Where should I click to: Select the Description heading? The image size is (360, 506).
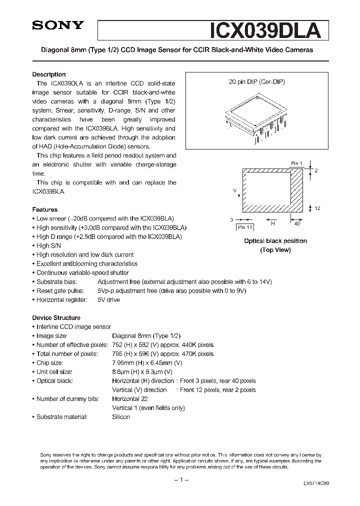pyautogui.click(x=49, y=74)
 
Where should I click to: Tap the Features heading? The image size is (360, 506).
pyautogui.click(x=45, y=209)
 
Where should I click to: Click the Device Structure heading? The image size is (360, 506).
pyautogui.click(x=56, y=317)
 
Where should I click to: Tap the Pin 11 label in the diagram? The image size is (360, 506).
pyautogui.click(x=245, y=227)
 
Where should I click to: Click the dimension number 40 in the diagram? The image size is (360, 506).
pyautogui.click(x=297, y=224)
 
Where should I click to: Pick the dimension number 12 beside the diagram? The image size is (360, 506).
pyautogui.click(x=317, y=208)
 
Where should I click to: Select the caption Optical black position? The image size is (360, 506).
pyautogui.click(x=275, y=241)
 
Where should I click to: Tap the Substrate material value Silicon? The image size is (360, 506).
pyautogui.click(x=121, y=416)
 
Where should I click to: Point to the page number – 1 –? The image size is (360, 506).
pyautogui.click(x=180, y=480)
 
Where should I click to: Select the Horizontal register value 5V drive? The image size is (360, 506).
pyautogui.click(x=108, y=299)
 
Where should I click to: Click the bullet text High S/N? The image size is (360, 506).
pyautogui.click(x=49, y=245)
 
